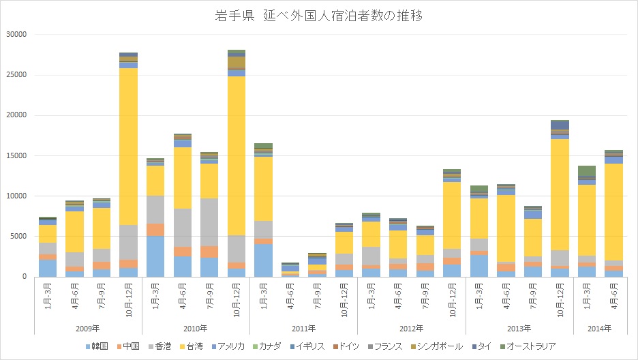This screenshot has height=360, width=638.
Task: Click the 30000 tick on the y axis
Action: coord(15,34)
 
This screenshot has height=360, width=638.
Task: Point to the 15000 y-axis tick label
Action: coord(15,155)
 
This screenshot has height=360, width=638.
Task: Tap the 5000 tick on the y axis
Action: coord(17,237)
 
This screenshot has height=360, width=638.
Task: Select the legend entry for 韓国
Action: coord(99,346)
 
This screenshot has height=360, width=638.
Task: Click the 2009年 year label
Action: coord(88,328)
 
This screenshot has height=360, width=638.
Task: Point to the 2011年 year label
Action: coord(303,328)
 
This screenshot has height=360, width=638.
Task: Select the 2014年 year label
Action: coord(600,328)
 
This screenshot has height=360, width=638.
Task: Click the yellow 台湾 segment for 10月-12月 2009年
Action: coord(128,147)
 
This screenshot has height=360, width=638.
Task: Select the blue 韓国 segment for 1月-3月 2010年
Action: coord(155,256)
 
